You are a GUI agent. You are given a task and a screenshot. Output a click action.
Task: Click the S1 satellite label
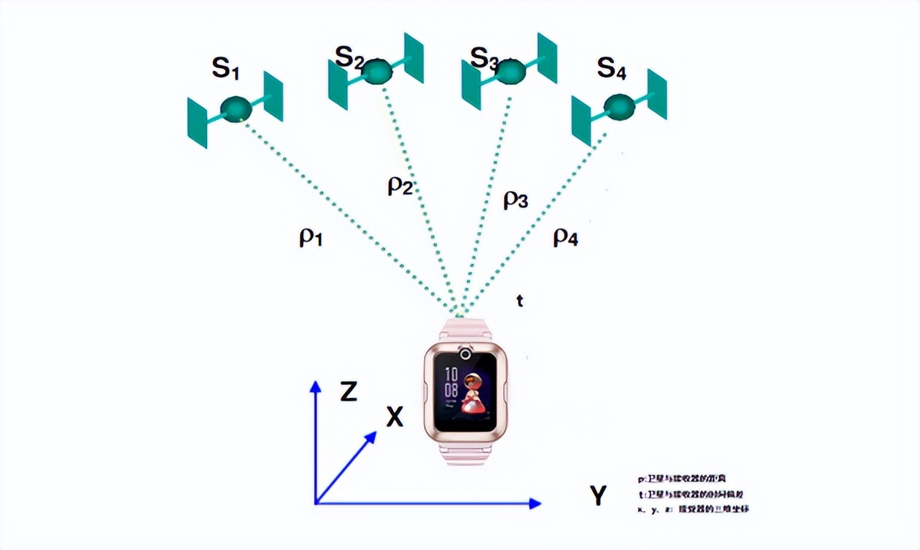224,68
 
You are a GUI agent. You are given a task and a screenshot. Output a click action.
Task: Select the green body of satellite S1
236,109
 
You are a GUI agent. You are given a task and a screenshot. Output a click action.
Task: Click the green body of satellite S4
619,107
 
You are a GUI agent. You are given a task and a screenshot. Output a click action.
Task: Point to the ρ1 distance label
310,238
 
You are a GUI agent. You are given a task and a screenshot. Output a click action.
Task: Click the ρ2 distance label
400,186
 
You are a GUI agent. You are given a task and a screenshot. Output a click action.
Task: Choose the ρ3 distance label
515,200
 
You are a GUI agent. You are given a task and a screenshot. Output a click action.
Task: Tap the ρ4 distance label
565,238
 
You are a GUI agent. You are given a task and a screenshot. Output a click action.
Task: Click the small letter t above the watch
520,301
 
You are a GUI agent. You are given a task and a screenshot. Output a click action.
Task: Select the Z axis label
349,392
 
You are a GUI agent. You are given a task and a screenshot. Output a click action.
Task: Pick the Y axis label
598,495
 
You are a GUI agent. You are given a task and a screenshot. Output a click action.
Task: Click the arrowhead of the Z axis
315,386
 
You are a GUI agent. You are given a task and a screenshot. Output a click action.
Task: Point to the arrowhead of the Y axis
535,503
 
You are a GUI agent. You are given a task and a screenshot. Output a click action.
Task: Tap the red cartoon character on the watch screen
472,394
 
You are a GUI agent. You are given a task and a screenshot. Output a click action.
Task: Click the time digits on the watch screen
451,382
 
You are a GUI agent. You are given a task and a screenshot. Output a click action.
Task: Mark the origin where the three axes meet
316,503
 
